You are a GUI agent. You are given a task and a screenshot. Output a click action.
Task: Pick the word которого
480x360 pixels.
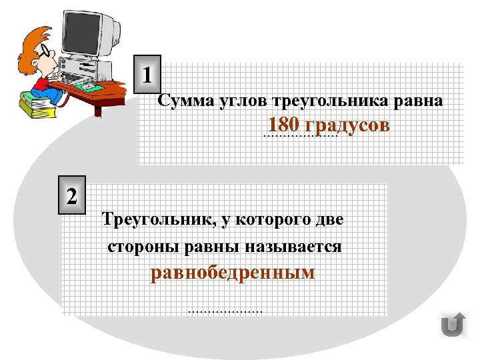[276, 219]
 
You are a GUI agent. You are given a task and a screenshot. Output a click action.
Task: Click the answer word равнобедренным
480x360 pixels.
[233, 273]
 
